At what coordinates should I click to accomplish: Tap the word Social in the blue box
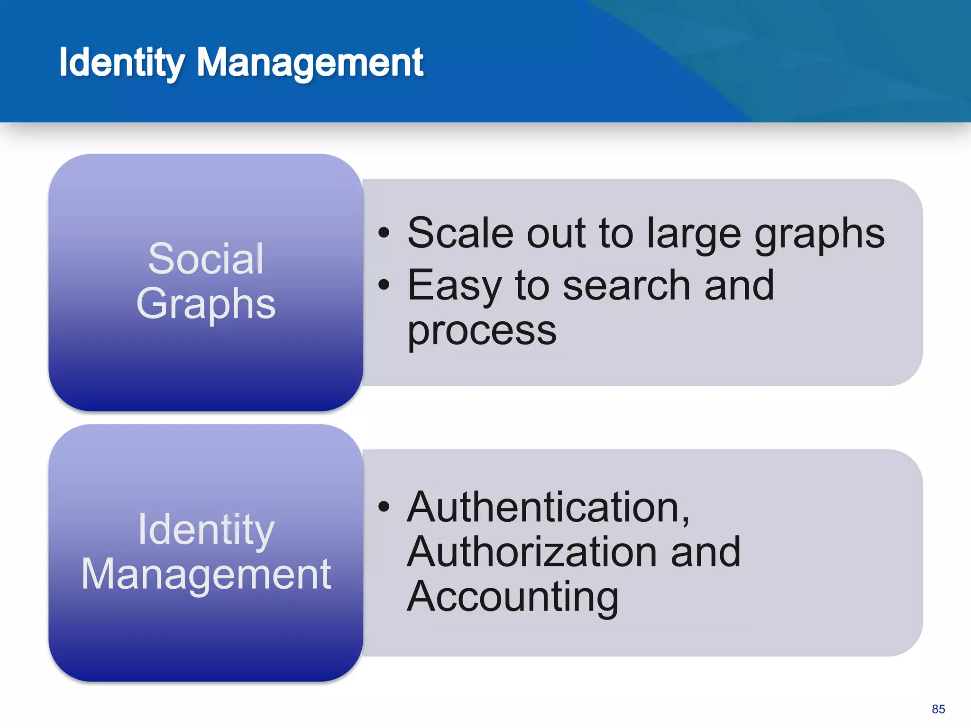[206, 259]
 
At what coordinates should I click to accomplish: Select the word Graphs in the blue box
[206, 304]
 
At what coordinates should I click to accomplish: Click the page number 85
[938, 709]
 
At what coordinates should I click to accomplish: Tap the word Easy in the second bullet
[454, 286]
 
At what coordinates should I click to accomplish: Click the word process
[482, 331]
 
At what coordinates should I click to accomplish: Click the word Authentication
[548, 508]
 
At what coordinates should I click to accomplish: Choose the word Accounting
[513, 597]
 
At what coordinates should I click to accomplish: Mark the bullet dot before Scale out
[384, 233]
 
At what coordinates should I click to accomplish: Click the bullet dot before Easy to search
[384, 285]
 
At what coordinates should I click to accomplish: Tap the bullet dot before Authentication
[384, 507]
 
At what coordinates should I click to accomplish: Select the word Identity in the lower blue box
[206, 529]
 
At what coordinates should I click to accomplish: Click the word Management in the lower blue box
[206, 574]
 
